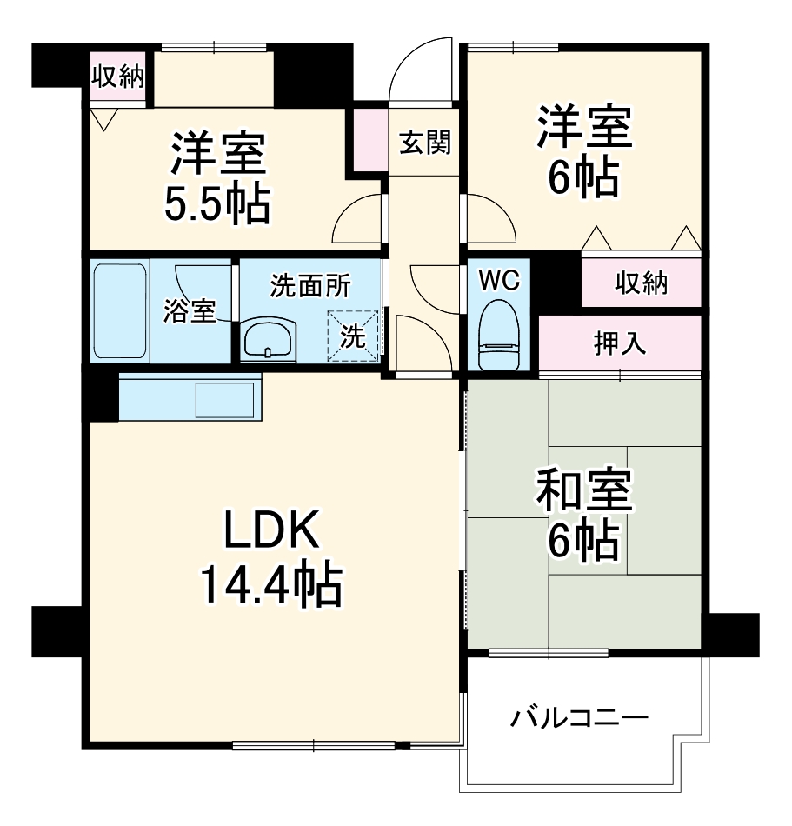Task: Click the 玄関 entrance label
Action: pos(425,143)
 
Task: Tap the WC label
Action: pos(499,280)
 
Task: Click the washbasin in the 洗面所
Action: pos(270,339)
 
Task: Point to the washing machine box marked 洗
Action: pos(353,336)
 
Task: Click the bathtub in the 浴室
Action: pos(120,310)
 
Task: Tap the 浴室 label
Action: pos(190,310)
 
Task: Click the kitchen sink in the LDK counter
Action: pos(225,400)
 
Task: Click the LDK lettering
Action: pos(272,529)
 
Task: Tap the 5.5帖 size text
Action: pos(217,203)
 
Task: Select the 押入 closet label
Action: pos(620,343)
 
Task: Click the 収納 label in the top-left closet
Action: pos(117,77)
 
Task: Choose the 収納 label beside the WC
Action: pos(642,283)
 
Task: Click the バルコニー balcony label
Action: pos(579,717)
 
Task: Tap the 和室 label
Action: pos(584,490)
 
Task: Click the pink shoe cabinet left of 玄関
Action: pos(370,139)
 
